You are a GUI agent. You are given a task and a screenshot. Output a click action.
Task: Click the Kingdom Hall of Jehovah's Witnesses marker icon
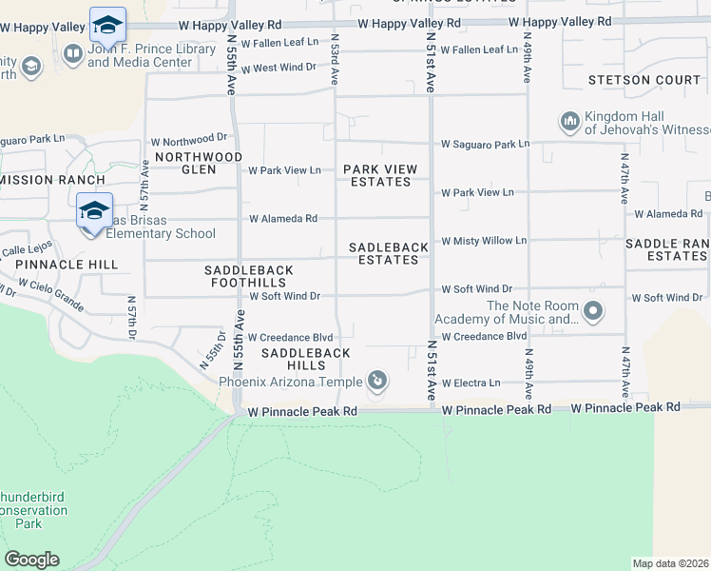(x=570, y=121)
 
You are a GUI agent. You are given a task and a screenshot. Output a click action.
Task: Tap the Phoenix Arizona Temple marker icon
(x=377, y=382)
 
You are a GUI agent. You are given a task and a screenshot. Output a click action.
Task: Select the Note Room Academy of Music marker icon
(x=594, y=311)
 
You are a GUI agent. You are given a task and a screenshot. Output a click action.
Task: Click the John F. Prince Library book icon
(x=72, y=54)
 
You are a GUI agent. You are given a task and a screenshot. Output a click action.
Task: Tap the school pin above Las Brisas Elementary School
(x=94, y=211)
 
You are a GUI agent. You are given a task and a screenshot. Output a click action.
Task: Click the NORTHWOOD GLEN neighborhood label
(x=198, y=163)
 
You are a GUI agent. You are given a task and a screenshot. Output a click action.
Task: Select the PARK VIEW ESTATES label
(x=380, y=175)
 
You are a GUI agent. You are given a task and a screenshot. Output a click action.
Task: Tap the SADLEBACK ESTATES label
(x=389, y=253)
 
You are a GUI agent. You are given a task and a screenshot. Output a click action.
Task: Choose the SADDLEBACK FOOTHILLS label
(x=249, y=277)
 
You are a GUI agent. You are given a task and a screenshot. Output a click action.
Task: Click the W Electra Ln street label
(x=471, y=384)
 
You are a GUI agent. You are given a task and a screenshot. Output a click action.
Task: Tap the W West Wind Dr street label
(x=278, y=68)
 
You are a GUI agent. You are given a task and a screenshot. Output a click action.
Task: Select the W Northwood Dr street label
(x=195, y=137)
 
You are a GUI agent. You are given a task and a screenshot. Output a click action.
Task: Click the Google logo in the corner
(x=31, y=560)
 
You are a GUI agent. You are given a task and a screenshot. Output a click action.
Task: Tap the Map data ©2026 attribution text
(x=670, y=563)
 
